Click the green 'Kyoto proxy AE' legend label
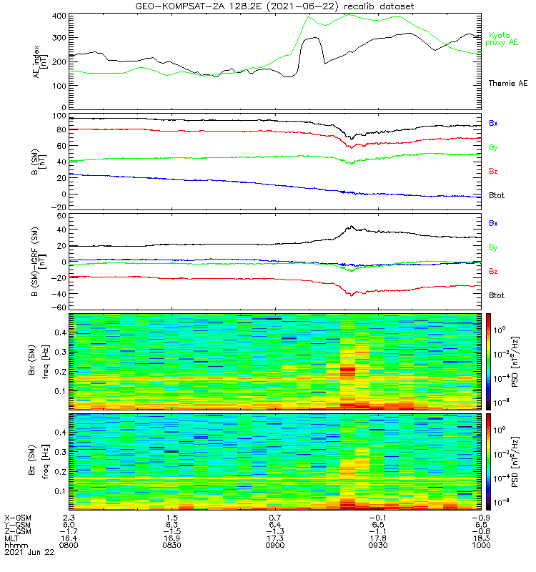[504, 39]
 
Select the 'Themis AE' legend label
[507, 84]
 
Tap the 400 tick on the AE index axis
[60, 16]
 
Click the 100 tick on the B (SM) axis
[60, 115]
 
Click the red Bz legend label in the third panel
[494, 272]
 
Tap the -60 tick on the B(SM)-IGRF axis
[59, 308]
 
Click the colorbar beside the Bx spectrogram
[490, 361]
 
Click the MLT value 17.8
[378, 538]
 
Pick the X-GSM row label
[19, 516]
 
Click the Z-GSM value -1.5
[172, 531]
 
